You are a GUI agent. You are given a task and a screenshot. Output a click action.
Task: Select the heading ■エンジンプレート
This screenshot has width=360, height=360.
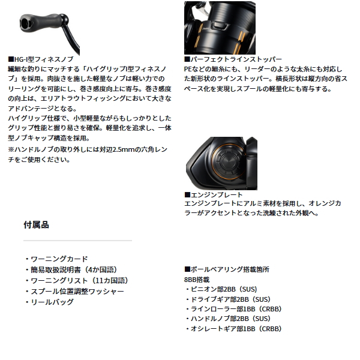(x=213, y=195)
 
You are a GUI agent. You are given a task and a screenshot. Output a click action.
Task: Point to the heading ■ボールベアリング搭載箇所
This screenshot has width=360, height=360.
(x=227, y=269)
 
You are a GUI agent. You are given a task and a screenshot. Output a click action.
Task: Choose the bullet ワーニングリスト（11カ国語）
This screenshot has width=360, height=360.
(x=76, y=280)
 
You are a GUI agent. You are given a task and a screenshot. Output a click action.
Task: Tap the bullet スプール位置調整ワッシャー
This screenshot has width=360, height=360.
(x=74, y=291)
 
